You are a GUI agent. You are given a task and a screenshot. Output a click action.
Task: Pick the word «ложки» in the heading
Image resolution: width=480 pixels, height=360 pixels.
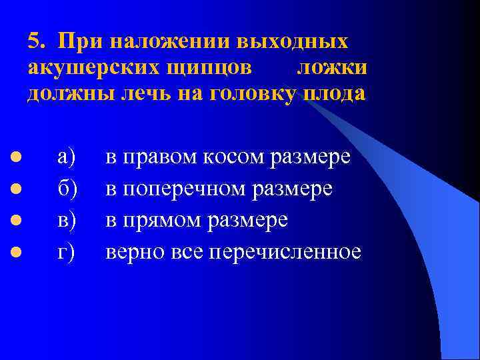point(331,67)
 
